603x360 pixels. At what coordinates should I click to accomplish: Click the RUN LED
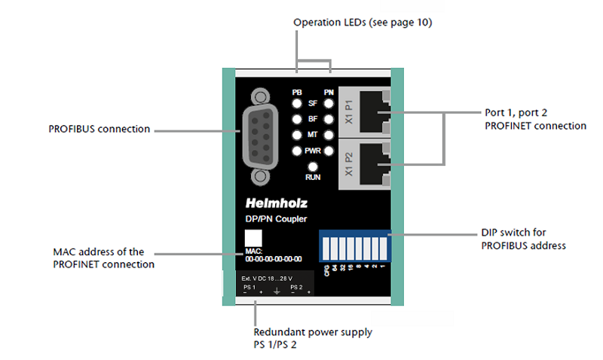(313, 166)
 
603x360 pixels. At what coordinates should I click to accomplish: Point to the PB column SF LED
(298, 105)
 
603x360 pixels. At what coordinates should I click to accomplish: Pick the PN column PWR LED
(329, 151)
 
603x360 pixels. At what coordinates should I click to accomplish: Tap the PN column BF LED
(329, 120)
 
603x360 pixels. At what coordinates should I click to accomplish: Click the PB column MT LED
(298, 136)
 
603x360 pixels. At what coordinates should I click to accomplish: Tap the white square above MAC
(253, 237)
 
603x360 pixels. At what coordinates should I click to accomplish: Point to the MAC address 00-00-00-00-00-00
(273, 259)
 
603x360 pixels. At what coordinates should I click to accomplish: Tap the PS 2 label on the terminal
(296, 287)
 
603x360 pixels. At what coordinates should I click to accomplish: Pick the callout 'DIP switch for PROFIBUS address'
(523, 239)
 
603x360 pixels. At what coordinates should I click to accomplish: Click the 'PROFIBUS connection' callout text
(99, 129)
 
